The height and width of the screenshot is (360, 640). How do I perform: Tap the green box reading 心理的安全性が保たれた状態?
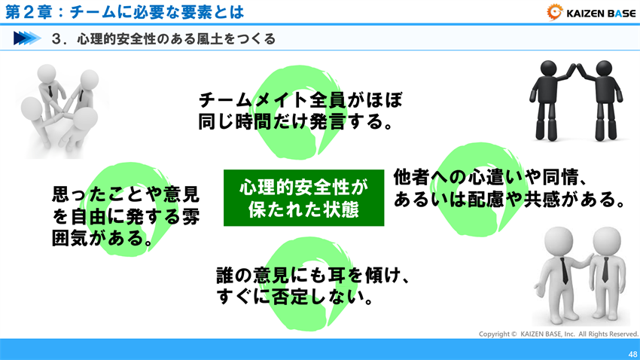tap(304, 198)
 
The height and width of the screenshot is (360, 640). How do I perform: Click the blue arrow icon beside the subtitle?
tap(27, 38)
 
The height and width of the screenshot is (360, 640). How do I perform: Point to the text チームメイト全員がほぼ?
tap(300, 99)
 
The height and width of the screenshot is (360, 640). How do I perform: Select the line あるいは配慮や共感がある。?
tap(510, 201)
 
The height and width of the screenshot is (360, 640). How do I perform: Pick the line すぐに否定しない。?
tap(296, 298)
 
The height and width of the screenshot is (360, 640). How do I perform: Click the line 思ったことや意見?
tap(126, 196)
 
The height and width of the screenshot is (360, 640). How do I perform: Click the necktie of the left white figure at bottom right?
tap(564, 272)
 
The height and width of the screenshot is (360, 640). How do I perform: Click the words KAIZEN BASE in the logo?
tap(599, 11)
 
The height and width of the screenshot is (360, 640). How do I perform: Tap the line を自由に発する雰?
tap(126, 218)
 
